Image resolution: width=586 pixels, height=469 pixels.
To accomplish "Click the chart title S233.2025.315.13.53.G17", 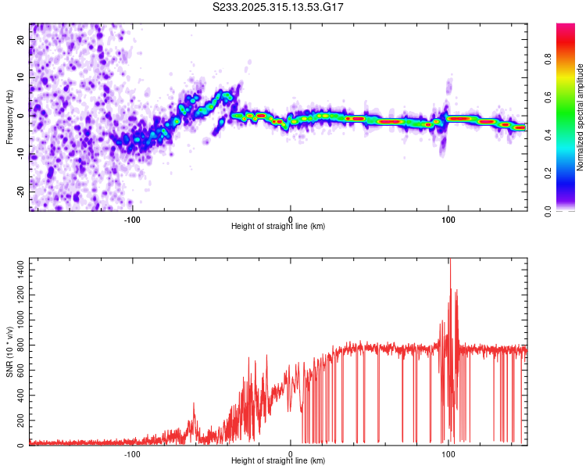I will pos(278,7).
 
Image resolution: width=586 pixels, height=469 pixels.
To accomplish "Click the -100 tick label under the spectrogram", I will pos(132,219).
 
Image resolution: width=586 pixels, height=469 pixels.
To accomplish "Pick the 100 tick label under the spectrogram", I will pos(448,219).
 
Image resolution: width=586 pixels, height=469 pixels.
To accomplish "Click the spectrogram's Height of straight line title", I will pos(278,227).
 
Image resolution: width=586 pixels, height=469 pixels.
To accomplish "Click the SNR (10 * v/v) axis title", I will pos(9,352).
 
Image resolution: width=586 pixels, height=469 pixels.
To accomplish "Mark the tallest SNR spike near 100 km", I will pos(449,261).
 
